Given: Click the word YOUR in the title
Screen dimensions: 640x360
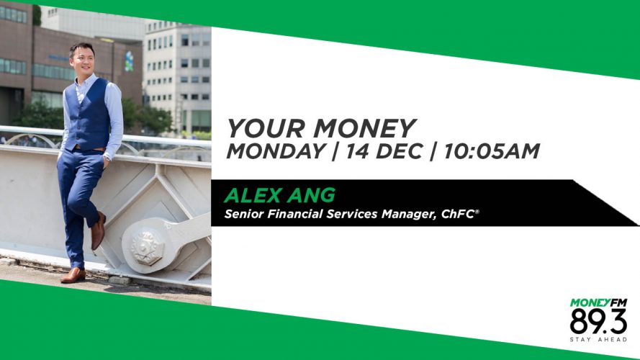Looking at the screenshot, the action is tap(266, 129).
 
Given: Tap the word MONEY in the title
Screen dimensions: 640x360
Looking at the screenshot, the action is tap(364, 129).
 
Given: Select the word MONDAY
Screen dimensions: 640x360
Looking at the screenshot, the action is tap(276, 151).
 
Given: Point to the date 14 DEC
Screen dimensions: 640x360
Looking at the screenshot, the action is tap(384, 151).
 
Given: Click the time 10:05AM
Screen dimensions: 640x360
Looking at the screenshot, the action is tap(492, 151).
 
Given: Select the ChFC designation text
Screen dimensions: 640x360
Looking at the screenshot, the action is tap(459, 214).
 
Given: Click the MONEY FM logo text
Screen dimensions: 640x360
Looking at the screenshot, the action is tap(598, 303).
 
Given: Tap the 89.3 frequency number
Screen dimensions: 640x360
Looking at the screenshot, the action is tap(598, 322).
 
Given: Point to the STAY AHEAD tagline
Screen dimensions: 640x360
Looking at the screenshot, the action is tap(598, 340).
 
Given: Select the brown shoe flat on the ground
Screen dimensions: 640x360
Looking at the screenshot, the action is tap(73, 276).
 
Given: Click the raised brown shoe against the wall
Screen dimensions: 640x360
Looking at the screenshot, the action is tap(99, 231).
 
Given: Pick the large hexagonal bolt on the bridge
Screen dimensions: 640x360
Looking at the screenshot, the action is tap(145, 246).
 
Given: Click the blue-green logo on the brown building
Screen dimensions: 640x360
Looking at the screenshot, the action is tap(129, 61).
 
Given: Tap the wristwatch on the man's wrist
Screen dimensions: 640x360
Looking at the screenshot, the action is tap(107, 158).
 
